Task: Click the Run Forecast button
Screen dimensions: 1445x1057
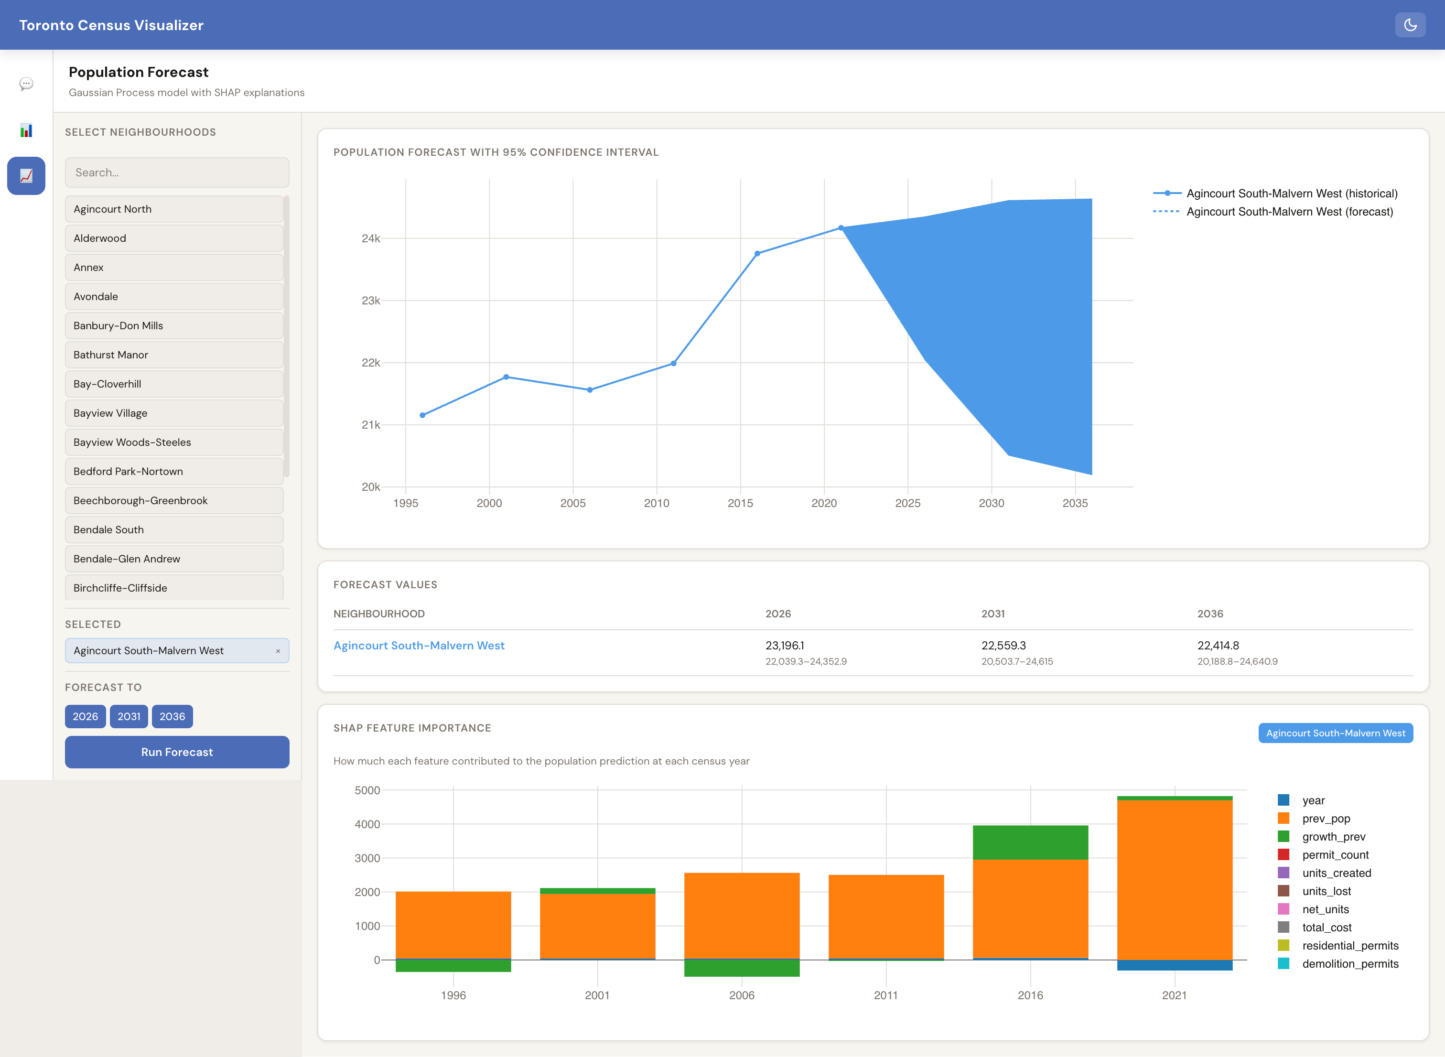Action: pos(176,752)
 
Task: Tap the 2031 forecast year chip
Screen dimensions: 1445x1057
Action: pos(129,716)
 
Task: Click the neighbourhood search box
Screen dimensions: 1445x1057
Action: pos(176,172)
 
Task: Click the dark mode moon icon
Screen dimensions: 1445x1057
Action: pos(1410,25)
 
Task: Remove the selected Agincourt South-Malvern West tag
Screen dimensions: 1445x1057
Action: pos(278,651)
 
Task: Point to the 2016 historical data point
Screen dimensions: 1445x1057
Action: pos(757,253)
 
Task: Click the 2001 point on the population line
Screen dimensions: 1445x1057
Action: pos(506,377)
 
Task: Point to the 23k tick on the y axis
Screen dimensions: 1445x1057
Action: pos(371,300)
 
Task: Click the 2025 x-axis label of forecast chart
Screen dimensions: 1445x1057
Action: pos(908,503)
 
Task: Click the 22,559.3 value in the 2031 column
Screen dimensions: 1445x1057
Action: pos(1003,646)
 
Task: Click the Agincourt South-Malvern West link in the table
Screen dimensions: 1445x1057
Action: pos(419,646)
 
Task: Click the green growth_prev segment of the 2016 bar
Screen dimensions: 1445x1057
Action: pos(1030,842)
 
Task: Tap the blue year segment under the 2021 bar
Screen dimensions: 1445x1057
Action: pos(1175,965)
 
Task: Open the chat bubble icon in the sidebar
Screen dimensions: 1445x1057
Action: pos(26,84)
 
